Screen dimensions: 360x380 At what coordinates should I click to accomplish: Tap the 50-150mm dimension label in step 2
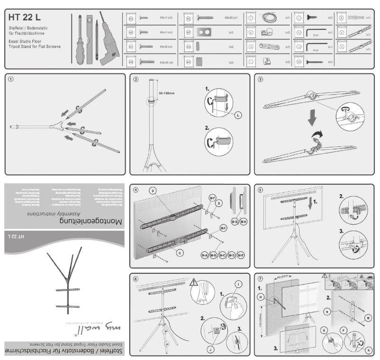tap(167, 93)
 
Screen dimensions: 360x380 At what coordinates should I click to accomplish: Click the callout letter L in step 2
tap(237, 115)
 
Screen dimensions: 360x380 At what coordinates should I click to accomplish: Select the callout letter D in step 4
tap(153, 191)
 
